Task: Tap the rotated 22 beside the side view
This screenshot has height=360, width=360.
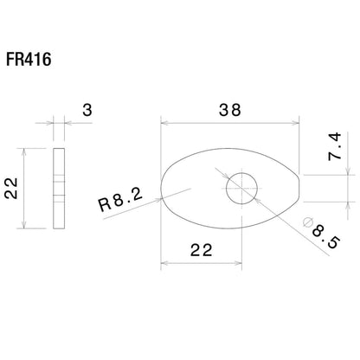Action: coord(12,187)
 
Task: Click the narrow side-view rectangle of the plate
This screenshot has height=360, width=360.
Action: coord(58,189)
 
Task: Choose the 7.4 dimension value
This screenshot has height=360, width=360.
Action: coord(336,150)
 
